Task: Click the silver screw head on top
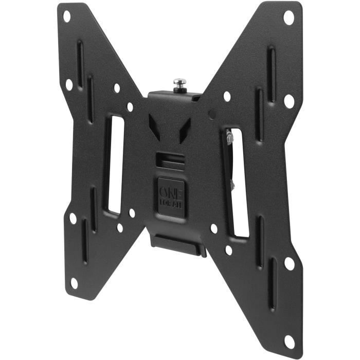click(179, 82)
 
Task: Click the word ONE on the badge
click(172, 188)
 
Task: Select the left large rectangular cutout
click(114, 165)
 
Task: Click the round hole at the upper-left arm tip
click(66, 16)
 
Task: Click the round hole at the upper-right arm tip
click(289, 17)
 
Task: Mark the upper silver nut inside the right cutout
click(229, 138)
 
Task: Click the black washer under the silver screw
click(179, 89)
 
